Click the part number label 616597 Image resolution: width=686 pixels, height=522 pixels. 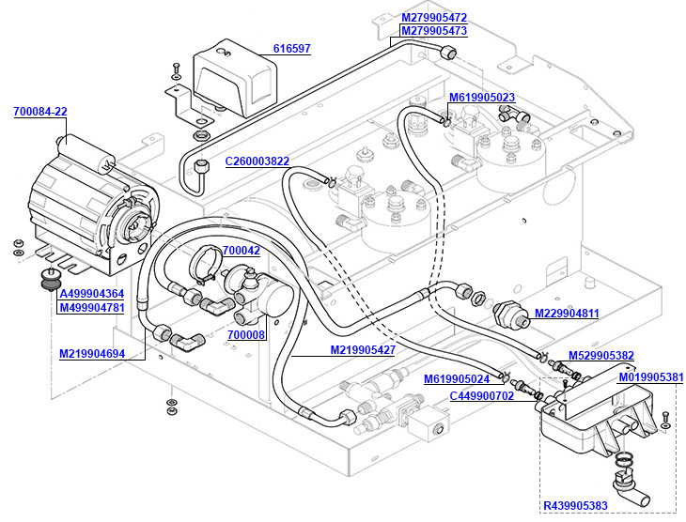pos(291,49)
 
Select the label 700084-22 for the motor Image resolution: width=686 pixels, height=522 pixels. pos(40,112)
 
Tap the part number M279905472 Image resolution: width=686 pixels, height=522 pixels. pos(434,18)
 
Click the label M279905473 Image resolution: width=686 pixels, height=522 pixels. pos(434,31)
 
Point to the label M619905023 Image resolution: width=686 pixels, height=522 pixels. pos(481,98)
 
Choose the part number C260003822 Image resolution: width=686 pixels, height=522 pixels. pos(257,161)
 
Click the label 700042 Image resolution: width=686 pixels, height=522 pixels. pos(242,251)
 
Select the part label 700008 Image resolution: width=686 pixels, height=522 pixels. pos(246,334)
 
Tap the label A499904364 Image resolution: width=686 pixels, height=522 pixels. pos(91,295)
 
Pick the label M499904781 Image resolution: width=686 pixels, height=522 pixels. pos(91,308)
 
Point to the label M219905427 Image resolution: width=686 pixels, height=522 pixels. pos(362,350)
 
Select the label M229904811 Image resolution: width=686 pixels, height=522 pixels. pos(567,314)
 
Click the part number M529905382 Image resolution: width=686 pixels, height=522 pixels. pos(601,356)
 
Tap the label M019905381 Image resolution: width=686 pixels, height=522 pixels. pos(650,377)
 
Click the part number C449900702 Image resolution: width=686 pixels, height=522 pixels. pos(481,396)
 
